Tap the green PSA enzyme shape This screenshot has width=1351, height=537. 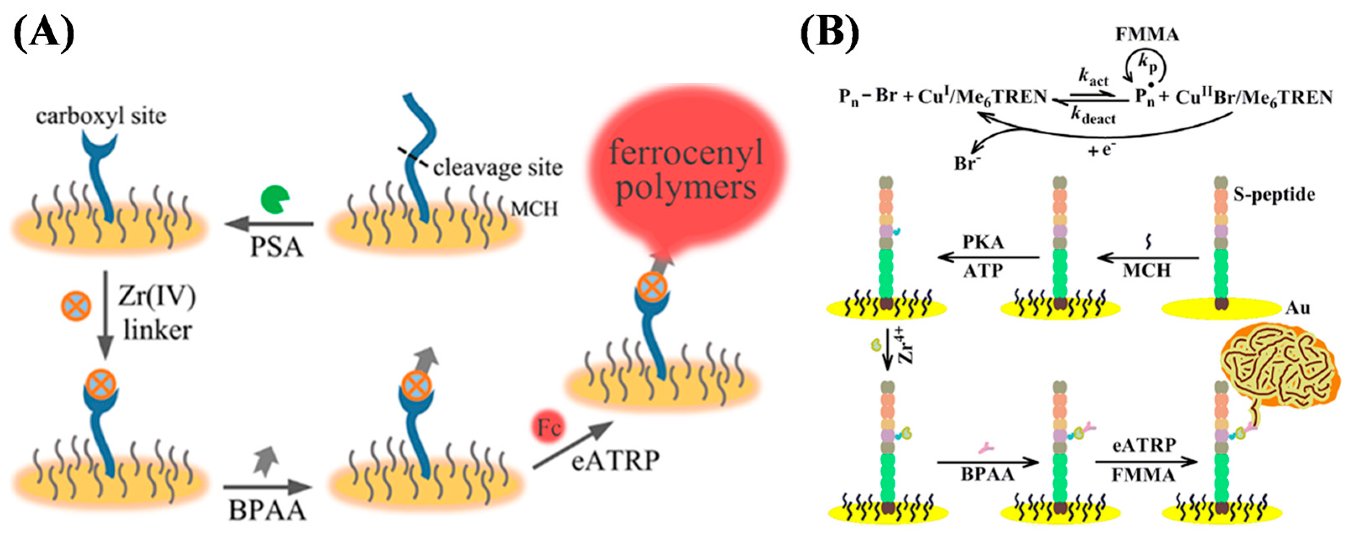click(x=274, y=200)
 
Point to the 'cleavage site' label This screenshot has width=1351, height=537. click(x=497, y=168)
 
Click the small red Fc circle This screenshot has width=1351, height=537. click(x=549, y=428)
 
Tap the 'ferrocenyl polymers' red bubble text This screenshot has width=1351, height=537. click(x=685, y=169)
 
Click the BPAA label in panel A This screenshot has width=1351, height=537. click(x=267, y=509)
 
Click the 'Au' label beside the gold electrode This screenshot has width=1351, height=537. click(x=1298, y=308)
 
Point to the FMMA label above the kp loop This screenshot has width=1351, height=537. click(x=1147, y=34)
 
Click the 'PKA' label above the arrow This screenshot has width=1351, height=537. click(x=983, y=242)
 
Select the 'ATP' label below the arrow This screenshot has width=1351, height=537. click(x=983, y=271)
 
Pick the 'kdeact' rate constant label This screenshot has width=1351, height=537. click(x=1093, y=117)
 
